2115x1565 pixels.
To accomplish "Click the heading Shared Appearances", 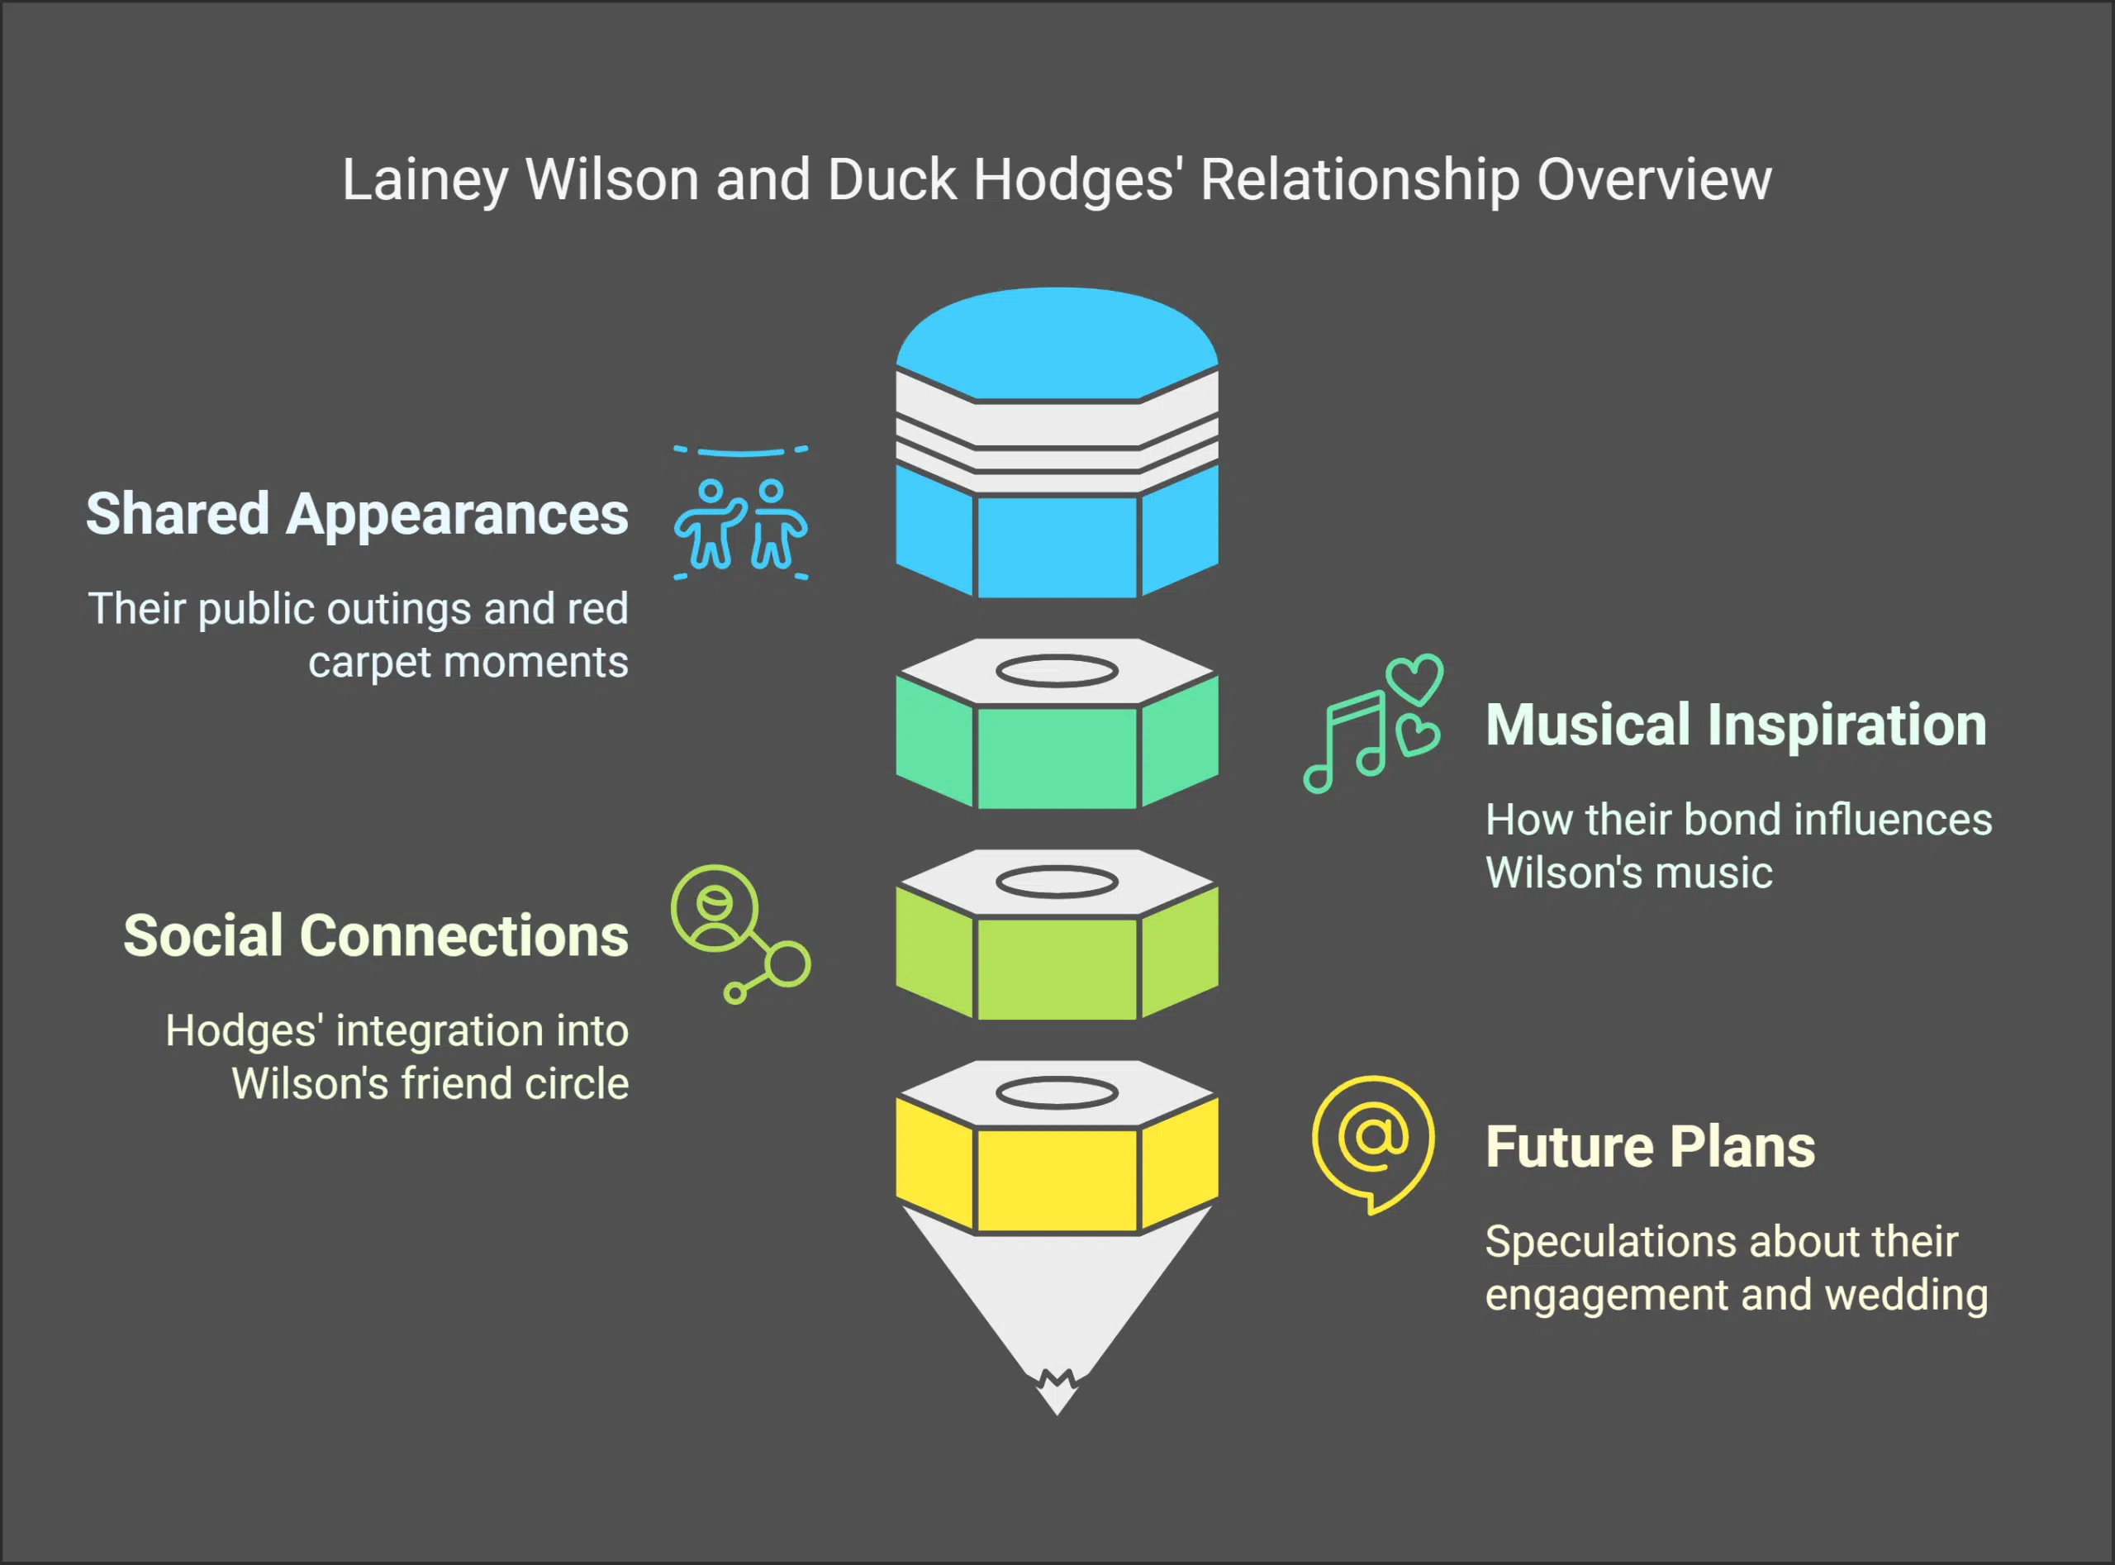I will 356,515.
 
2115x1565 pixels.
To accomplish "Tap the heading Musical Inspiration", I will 1735,725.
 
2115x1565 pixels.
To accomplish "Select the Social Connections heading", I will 375,936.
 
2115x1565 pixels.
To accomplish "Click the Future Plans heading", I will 1649,1147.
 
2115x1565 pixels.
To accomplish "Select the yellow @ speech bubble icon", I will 1372,1142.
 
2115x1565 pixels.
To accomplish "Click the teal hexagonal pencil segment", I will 1056,756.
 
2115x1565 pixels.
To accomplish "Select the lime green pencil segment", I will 1056,966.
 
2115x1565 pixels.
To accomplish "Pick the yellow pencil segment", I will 1056,1177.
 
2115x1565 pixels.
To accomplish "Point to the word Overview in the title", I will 1653,180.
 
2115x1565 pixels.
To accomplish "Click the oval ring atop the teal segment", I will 1056,672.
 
